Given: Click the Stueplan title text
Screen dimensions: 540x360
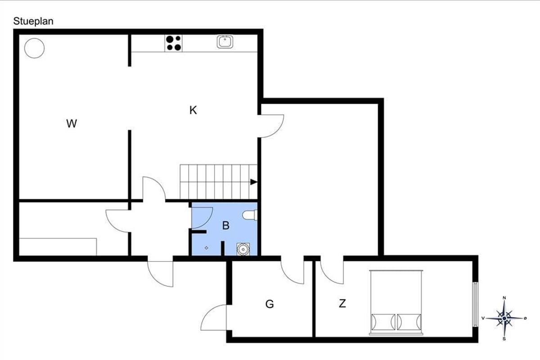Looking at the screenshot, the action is click(33, 22).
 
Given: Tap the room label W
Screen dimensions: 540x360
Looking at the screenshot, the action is click(72, 124).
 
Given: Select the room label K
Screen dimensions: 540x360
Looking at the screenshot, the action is click(193, 110).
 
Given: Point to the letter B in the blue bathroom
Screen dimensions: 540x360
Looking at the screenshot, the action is click(226, 225).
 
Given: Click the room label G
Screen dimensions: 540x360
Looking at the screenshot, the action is click(270, 304).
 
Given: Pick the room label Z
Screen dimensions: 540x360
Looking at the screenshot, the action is click(342, 304).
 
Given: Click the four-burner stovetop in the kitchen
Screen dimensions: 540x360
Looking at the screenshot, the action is click(174, 43).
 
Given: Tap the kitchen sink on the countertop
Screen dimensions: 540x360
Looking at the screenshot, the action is click(225, 42).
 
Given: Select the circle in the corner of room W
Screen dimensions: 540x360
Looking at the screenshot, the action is click(35, 48).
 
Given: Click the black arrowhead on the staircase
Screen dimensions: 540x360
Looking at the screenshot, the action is click(254, 182).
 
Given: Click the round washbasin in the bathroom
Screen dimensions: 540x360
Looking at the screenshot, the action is click(243, 249).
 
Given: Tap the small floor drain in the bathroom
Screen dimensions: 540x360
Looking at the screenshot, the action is click(207, 248).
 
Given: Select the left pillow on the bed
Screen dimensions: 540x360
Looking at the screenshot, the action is click(383, 322).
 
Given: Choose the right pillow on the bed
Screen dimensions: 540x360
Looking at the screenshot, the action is click(409, 322).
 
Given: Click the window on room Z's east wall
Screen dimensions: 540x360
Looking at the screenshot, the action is click(475, 304).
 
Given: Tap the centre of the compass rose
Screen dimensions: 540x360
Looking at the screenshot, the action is click(504, 319).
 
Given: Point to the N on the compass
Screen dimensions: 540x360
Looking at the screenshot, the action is click(504, 298).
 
